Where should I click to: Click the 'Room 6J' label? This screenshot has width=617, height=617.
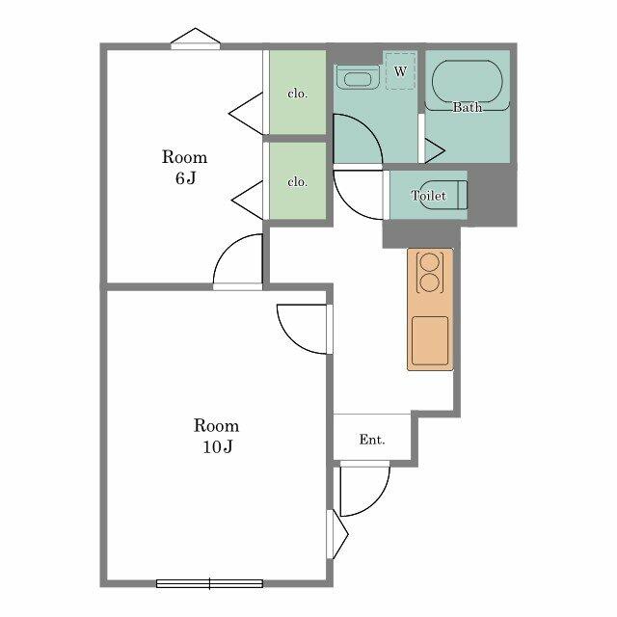pos(184,167)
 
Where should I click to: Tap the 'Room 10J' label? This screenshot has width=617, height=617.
pos(216,436)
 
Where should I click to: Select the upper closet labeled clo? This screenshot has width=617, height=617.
pos(298,93)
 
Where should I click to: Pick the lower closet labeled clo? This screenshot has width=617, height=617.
pos(298,180)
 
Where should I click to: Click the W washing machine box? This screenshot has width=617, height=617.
pos(401,70)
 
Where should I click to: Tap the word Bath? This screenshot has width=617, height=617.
pos(467,107)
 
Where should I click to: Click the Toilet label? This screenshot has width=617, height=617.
pos(428,195)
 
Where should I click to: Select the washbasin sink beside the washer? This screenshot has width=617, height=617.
pos(358,77)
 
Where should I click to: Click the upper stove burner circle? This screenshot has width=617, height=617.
pos(430,262)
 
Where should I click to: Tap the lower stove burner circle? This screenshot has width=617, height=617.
pos(430,282)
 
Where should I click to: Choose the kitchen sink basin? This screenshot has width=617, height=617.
pos(430,340)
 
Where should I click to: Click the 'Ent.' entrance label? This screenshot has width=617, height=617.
pos(372,440)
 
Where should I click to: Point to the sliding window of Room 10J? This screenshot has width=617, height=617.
pos(209,583)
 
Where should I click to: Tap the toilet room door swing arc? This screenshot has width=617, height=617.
pos(348,205)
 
